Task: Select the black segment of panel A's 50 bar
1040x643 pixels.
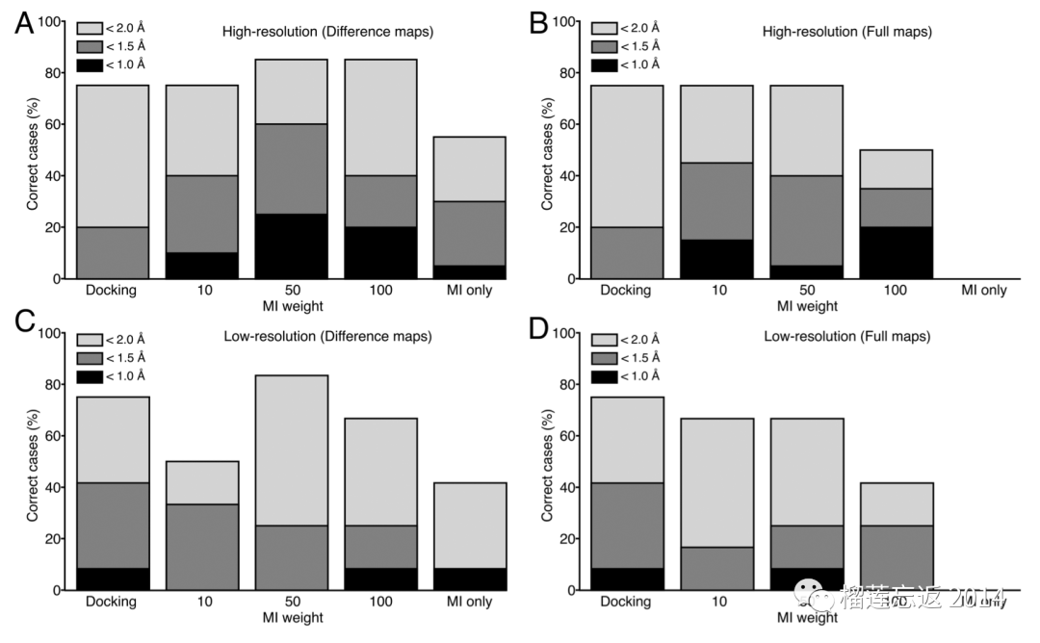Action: click(x=292, y=246)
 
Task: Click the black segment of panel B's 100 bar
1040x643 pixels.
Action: click(x=897, y=253)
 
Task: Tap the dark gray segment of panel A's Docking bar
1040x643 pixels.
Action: click(x=112, y=253)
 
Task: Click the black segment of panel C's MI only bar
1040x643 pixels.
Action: click(x=471, y=579)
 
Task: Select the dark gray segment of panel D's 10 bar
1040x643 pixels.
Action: click(x=717, y=568)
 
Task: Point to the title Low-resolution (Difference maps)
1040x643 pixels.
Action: click(x=327, y=336)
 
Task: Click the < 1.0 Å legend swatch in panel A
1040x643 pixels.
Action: click(x=91, y=64)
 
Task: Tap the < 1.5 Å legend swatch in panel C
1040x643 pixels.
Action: click(x=91, y=358)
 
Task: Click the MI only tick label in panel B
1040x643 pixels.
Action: click(x=980, y=290)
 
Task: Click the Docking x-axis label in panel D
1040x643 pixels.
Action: click(x=627, y=602)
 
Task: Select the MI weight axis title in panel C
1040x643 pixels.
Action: click(x=291, y=617)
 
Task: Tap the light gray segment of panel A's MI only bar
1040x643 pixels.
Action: click(x=471, y=169)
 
